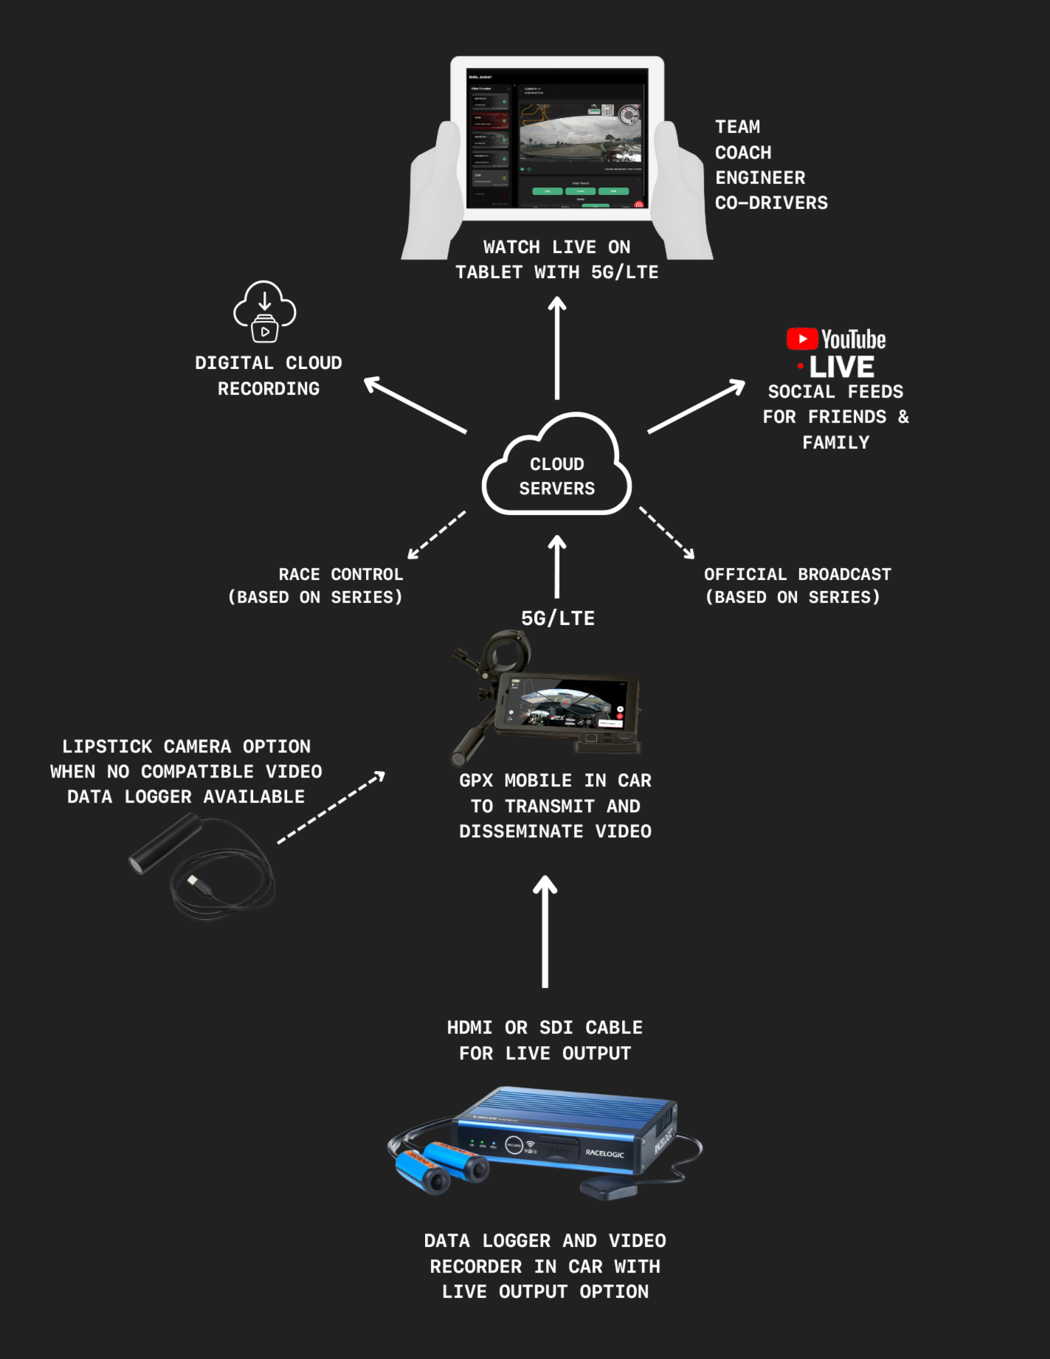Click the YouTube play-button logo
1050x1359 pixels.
(802, 339)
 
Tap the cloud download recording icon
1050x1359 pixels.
(265, 312)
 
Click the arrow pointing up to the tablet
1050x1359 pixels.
(557, 347)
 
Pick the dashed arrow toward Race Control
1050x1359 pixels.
(436, 535)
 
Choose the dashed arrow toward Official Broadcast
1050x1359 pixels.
(667, 533)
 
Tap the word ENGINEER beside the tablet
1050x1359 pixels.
(760, 178)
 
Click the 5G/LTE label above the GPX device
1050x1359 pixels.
(558, 618)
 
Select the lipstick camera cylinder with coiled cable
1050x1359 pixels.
(166, 843)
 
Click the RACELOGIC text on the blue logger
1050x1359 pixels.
(604, 1153)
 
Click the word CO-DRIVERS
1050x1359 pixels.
(771, 203)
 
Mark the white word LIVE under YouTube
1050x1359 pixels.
(841, 367)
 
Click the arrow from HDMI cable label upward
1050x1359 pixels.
(545, 931)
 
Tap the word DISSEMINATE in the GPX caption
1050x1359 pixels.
(521, 831)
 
